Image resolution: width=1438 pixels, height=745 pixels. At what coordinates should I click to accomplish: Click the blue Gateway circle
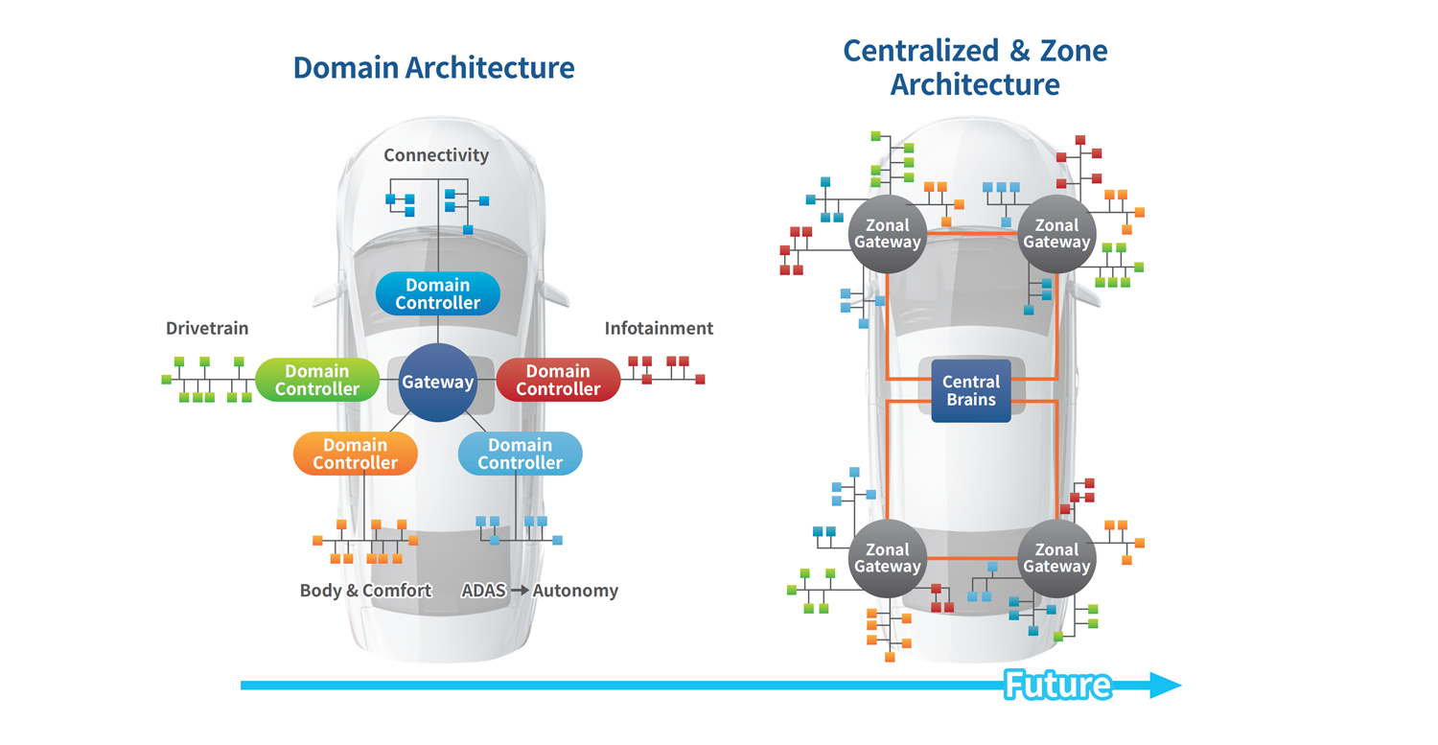point(437,382)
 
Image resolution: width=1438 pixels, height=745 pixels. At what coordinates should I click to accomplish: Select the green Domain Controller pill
point(316,380)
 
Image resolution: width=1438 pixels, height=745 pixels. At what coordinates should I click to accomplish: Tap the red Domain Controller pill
point(558,380)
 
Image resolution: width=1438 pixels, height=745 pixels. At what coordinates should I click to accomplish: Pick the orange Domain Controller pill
point(355,454)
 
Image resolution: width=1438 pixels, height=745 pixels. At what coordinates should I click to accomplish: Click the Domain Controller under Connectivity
point(437,293)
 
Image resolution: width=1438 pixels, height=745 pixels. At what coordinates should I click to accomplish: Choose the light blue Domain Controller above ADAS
point(520,454)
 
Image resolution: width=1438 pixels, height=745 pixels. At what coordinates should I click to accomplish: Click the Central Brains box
point(971,390)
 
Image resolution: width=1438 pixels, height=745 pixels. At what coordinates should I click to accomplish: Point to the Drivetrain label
point(207,329)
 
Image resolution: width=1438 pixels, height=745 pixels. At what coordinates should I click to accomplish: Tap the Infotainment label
point(659,329)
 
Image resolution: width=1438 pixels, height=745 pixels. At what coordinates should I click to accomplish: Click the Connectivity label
point(436,155)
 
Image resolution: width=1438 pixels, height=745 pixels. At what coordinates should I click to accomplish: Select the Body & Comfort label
point(365,591)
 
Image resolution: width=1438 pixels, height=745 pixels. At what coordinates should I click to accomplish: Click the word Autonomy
point(575,591)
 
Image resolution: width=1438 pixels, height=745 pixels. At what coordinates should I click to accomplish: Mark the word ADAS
point(483,591)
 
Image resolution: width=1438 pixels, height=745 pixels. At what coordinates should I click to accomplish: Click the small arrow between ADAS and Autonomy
point(519,591)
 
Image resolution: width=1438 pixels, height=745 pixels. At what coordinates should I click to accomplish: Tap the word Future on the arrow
point(1057,686)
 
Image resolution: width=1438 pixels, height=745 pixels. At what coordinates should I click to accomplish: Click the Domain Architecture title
point(433,68)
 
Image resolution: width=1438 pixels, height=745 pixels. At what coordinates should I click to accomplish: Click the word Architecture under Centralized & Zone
point(975,84)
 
